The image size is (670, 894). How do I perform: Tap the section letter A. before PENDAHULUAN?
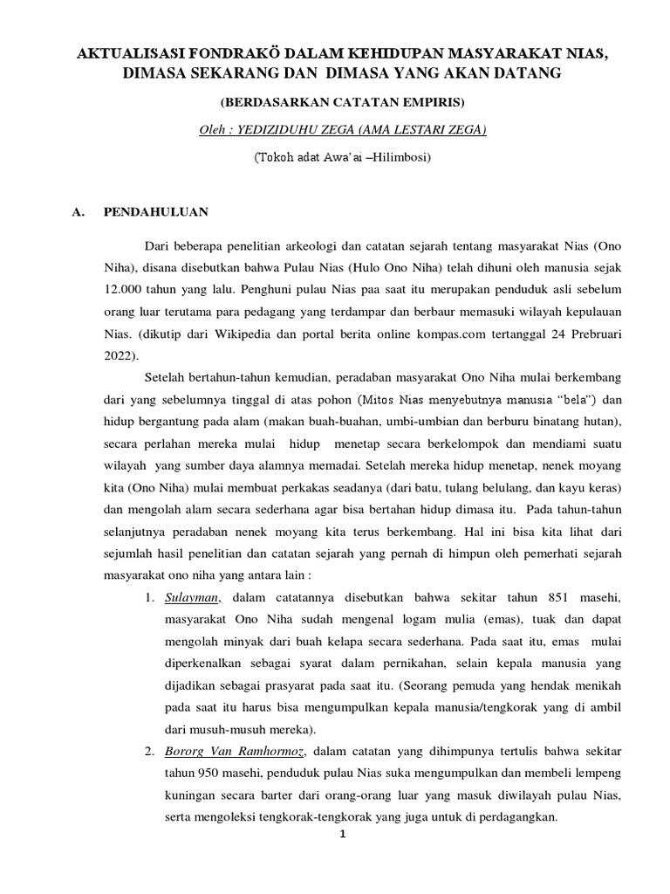pyautogui.click(x=79, y=211)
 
